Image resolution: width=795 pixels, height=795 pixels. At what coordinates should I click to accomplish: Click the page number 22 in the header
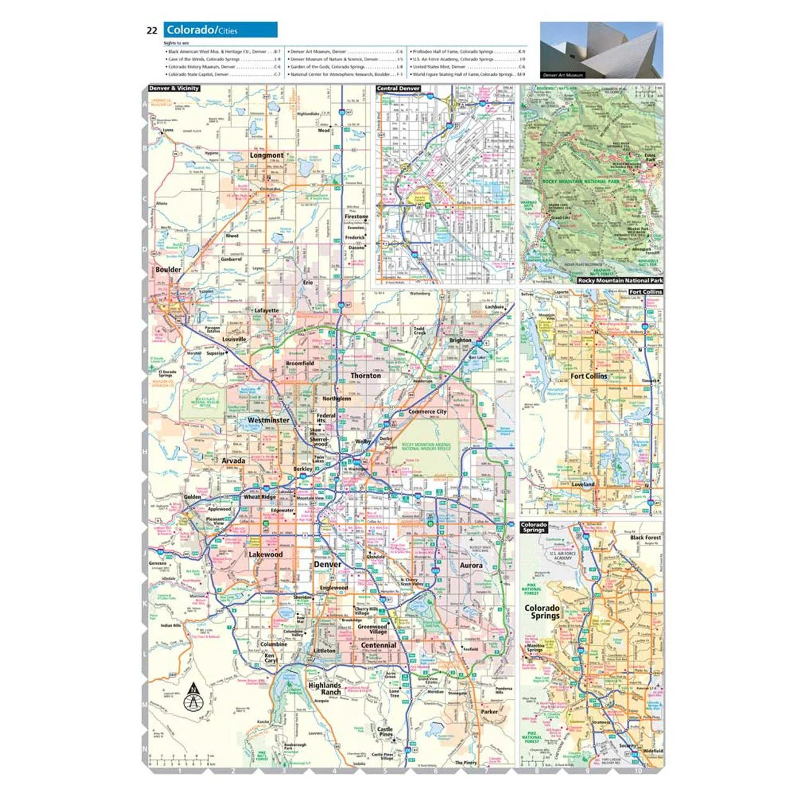coord(152,30)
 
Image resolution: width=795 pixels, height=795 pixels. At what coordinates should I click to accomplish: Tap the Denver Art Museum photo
coord(601,50)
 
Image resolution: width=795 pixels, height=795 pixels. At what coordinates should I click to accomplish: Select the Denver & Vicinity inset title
coord(174,88)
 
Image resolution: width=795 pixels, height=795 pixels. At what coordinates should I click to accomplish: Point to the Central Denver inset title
coord(398,89)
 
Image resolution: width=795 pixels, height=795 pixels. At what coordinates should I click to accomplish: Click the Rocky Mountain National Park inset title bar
coord(620,281)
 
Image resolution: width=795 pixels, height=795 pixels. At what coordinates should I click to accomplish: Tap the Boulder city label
coord(168,270)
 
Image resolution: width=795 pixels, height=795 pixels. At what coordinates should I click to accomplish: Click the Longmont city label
coord(266,155)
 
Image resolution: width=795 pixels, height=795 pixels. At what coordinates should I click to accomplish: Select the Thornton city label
coord(366,376)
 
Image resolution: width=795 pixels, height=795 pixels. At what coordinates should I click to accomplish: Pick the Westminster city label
coord(268,420)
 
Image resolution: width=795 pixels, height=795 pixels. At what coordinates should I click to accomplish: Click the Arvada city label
coord(234,461)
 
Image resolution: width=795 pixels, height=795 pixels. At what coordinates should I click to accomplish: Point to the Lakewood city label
coord(266,554)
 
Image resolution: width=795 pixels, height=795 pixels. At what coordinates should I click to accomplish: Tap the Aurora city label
coord(471,565)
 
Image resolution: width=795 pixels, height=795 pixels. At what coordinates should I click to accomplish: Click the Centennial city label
coord(378,645)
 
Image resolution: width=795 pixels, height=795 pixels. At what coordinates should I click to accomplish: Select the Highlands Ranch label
coord(325,689)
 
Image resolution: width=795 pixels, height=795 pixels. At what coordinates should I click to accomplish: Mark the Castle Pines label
coord(385,732)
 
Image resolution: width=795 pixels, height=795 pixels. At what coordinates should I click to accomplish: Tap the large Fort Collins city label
coord(589,376)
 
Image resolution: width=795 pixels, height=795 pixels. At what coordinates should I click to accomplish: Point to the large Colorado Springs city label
coord(542,612)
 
